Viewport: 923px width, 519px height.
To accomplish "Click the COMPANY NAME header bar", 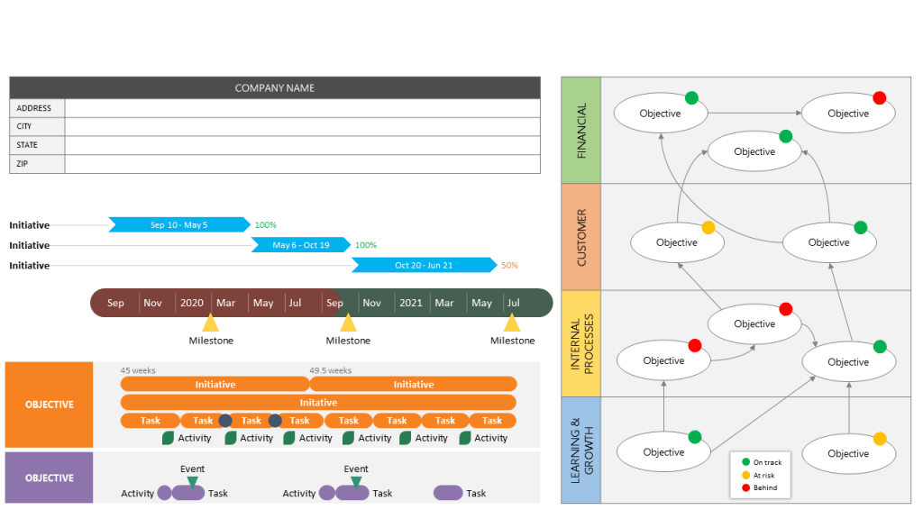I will pos(275,87).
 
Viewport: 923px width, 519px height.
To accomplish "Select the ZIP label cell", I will pos(37,164).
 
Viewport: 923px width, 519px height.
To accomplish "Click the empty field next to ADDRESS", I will pos(302,108).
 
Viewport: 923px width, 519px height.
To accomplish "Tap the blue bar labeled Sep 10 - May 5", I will pos(178,224).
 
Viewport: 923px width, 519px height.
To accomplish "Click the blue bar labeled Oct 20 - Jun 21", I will pos(424,265).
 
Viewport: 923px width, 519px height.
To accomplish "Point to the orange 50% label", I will pos(509,266).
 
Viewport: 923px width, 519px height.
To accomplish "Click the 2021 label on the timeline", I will pos(411,303).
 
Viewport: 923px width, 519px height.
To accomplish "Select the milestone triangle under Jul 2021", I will pos(512,323).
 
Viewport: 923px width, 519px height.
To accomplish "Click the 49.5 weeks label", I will pos(330,370).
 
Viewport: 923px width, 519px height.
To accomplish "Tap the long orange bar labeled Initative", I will pos(318,403).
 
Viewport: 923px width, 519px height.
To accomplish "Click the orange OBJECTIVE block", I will pos(50,405).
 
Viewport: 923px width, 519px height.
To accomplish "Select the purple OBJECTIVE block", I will pos(50,478).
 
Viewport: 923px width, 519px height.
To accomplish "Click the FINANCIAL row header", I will pos(580,131).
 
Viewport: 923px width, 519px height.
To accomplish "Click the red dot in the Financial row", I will pos(880,98).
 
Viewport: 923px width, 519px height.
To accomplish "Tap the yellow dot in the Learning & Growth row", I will pos(880,439).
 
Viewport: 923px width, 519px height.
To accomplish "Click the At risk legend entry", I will pos(763,475).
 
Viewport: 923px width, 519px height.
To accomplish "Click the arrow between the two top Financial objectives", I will pos(754,114).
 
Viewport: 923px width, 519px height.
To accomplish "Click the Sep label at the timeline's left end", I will pos(115,303).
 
